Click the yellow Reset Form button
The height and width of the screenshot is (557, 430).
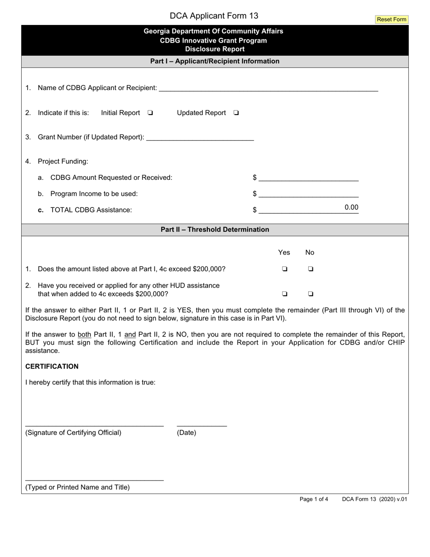pyautogui.click(x=392, y=19)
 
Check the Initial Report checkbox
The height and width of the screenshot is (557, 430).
pyautogui.click(x=150, y=113)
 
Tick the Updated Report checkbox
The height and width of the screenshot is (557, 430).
pyautogui.click(x=236, y=113)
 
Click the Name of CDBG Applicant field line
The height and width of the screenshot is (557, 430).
pyautogui.click(x=268, y=88)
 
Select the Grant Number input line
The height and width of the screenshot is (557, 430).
pyautogui.click(x=201, y=137)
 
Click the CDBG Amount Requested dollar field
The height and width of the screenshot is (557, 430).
pyautogui.click(x=309, y=178)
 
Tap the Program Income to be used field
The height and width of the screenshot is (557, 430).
pyautogui.click(x=309, y=194)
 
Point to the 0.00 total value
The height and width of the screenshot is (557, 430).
pyautogui.click(x=351, y=208)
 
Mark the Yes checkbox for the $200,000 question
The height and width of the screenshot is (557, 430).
pyautogui.click(x=285, y=269)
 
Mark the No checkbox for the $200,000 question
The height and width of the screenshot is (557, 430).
pyautogui.click(x=311, y=269)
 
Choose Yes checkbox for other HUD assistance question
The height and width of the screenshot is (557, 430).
pyautogui.click(x=285, y=294)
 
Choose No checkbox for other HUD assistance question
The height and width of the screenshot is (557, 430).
pyautogui.click(x=311, y=294)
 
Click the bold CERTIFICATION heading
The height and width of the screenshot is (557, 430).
pyautogui.click(x=52, y=366)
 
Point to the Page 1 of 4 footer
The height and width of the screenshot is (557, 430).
pyautogui.click(x=314, y=499)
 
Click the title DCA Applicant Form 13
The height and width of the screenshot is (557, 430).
pyautogui.click(x=214, y=16)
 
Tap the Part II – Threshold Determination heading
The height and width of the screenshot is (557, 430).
pyautogui.click(x=215, y=230)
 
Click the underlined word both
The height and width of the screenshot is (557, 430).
pyautogui.click(x=84, y=335)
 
